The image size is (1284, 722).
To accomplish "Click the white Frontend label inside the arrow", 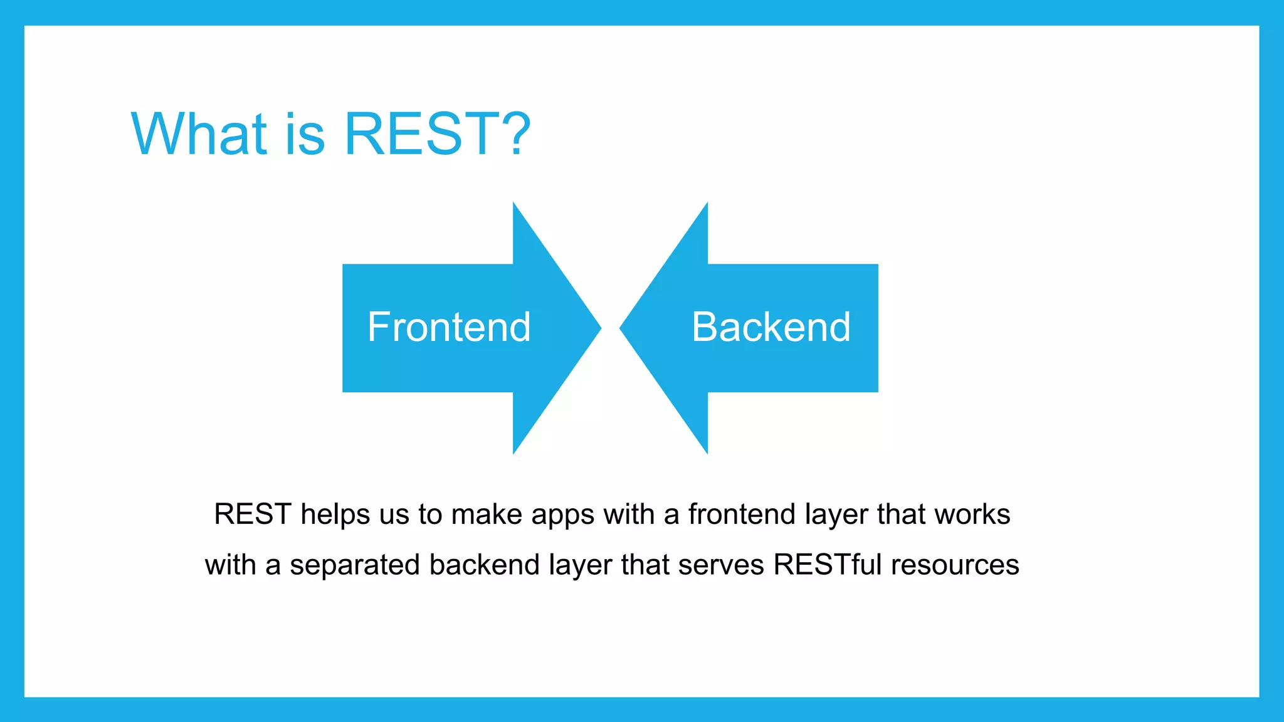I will click(449, 327).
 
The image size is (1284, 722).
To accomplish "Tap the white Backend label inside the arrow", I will click(771, 327).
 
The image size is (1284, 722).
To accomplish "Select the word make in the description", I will click(487, 515).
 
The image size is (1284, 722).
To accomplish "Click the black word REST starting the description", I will click(253, 515).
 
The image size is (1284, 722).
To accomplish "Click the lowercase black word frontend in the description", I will click(742, 515).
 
